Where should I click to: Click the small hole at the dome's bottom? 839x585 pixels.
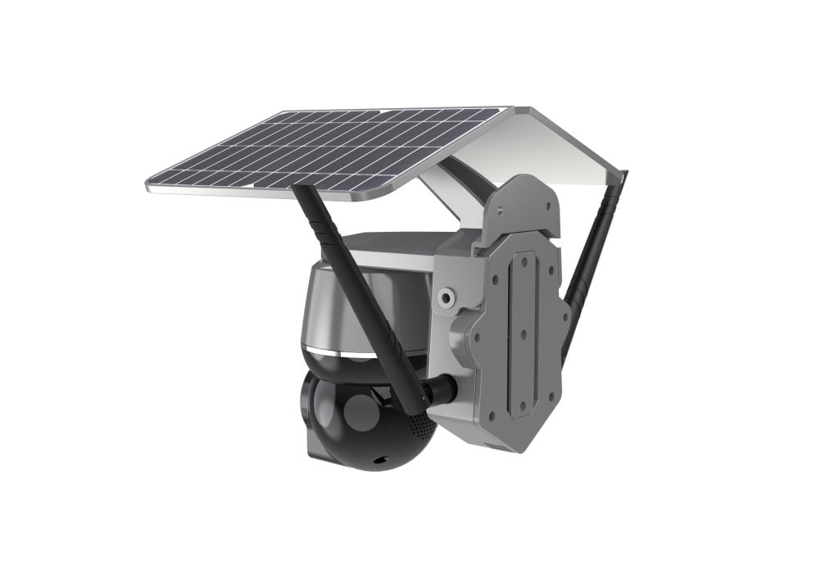[x=379, y=461]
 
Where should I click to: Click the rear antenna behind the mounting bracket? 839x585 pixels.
[x=592, y=262]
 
